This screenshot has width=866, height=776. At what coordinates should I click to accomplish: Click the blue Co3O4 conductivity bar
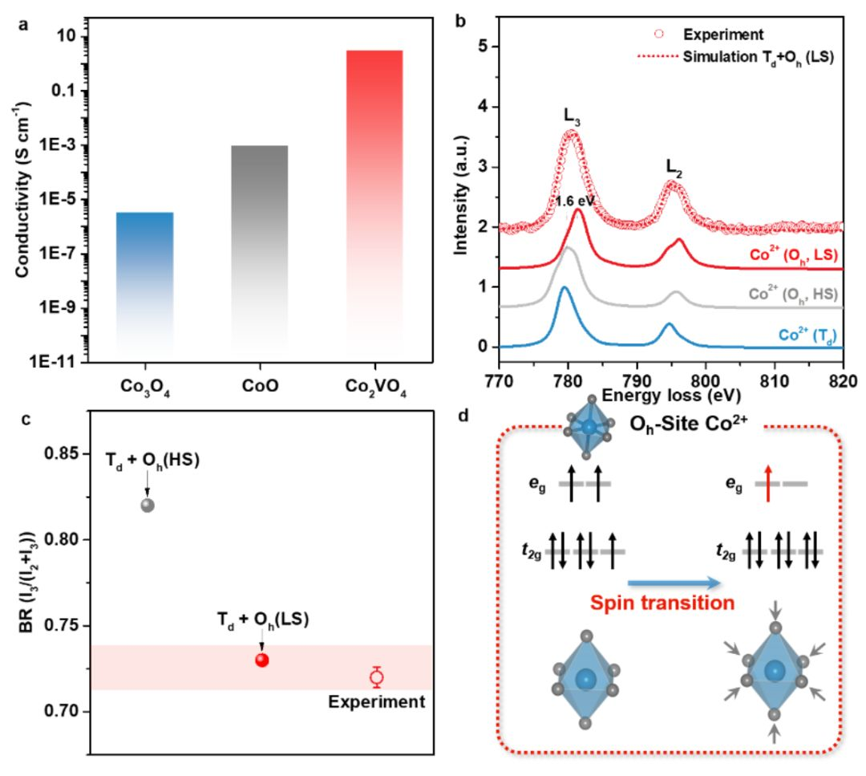pyautogui.click(x=144, y=281)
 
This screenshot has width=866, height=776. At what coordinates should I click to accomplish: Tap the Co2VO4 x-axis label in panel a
pyautogui.click(x=374, y=387)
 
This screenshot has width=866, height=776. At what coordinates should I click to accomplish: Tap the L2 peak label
pyautogui.click(x=674, y=167)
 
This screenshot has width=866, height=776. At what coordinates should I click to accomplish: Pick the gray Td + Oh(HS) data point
pyautogui.click(x=147, y=505)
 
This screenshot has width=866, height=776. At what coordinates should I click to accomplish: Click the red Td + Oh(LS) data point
pyautogui.click(x=261, y=660)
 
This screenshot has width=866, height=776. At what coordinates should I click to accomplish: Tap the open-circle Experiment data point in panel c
pyautogui.click(x=377, y=676)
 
